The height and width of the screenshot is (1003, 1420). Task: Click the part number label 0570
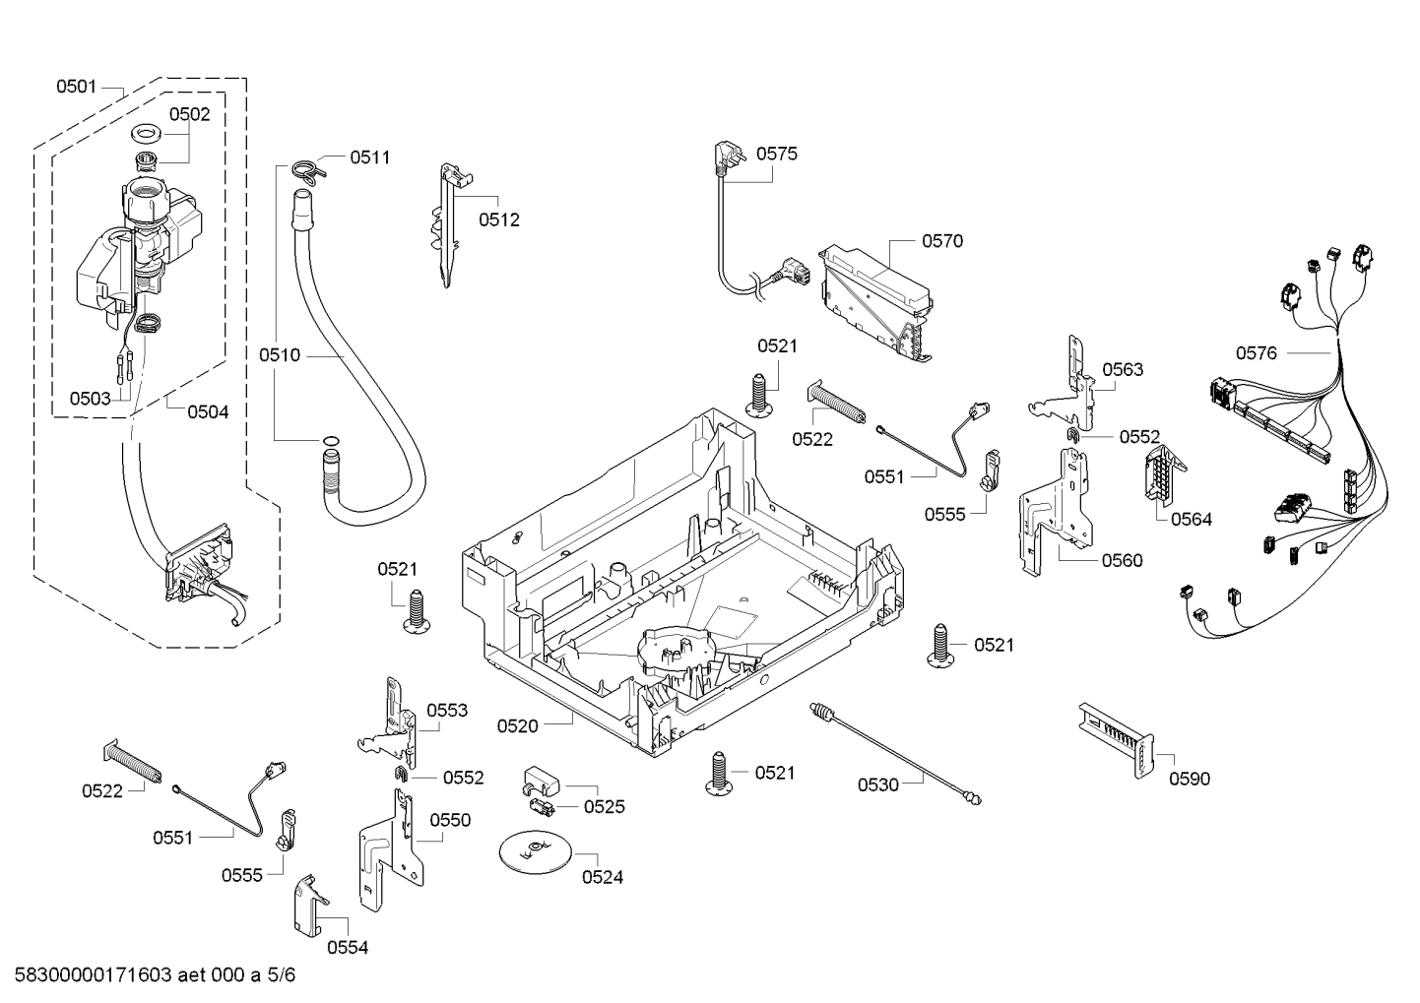click(941, 241)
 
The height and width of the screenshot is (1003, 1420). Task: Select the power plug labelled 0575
click(719, 158)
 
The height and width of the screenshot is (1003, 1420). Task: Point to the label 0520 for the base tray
click(517, 726)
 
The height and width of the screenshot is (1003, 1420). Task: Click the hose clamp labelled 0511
click(307, 169)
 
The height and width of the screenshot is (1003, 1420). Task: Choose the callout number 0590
click(1190, 780)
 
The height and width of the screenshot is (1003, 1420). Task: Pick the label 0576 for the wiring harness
click(1256, 353)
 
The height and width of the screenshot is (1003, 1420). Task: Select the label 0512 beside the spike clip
click(499, 220)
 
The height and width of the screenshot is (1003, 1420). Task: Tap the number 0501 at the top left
click(76, 87)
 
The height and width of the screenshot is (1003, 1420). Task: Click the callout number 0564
click(1191, 520)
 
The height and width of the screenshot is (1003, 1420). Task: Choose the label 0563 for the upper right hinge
click(1123, 370)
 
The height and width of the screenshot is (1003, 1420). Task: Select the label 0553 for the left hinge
click(446, 711)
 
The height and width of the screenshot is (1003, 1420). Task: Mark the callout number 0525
click(604, 807)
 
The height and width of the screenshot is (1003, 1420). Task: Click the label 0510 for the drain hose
click(280, 355)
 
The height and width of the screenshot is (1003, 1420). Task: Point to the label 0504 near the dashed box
click(208, 412)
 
